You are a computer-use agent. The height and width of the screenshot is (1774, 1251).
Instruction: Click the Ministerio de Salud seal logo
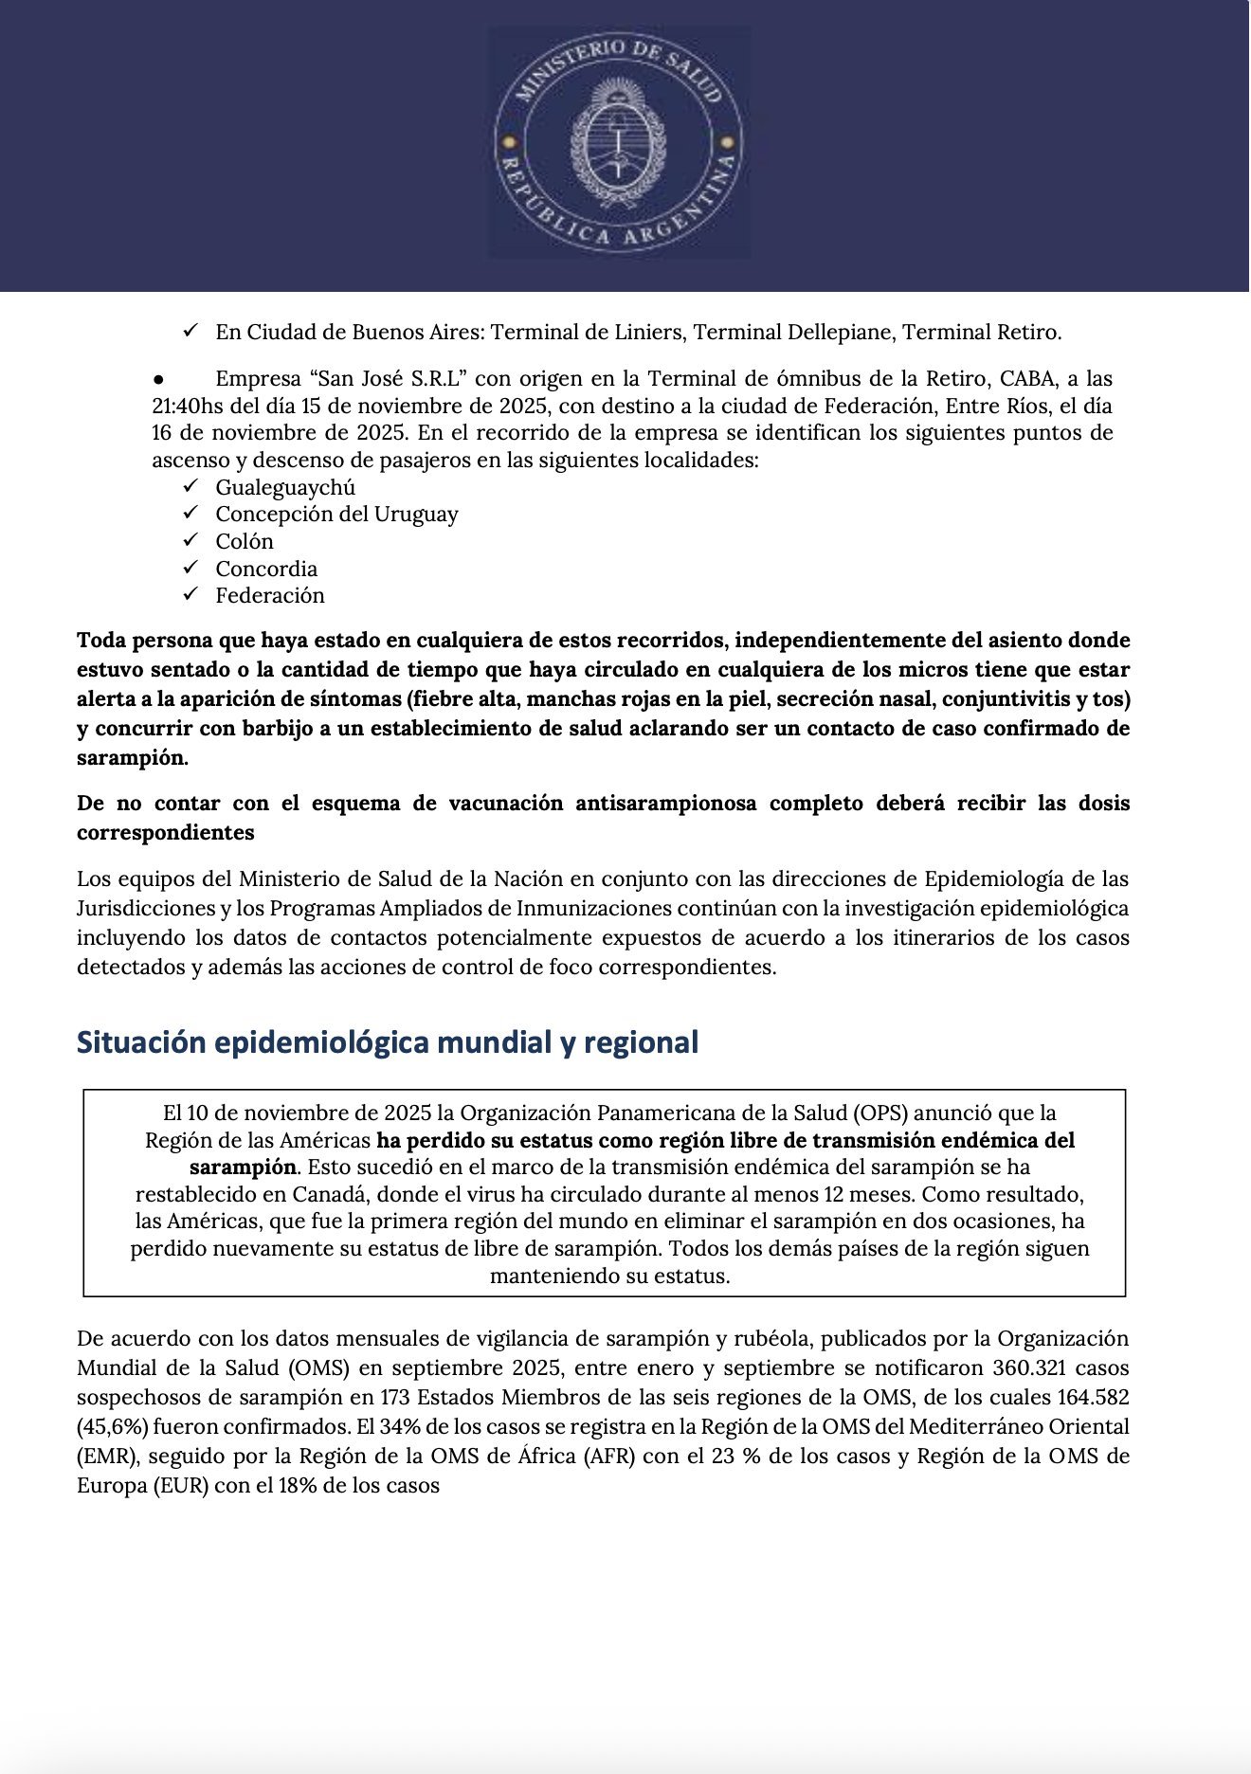click(619, 142)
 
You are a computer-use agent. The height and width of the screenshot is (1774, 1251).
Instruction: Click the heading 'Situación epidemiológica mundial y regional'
click(387, 1042)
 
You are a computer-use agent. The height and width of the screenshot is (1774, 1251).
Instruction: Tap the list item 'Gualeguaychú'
click(284, 487)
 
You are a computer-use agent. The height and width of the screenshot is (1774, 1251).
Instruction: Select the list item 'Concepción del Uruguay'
click(336, 515)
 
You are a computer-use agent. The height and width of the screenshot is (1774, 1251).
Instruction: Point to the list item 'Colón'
click(245, 541)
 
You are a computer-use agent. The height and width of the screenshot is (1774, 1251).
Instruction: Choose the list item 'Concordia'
click(266, 569)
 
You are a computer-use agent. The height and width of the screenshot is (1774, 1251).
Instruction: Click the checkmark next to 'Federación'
click(190, 594)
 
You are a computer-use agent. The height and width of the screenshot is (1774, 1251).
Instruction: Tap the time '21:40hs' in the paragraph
click(189, 406)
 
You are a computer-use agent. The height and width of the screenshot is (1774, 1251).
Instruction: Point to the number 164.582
click(1091, 1398)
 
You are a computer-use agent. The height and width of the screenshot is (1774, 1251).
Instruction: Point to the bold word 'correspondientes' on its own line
click(166, 833)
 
